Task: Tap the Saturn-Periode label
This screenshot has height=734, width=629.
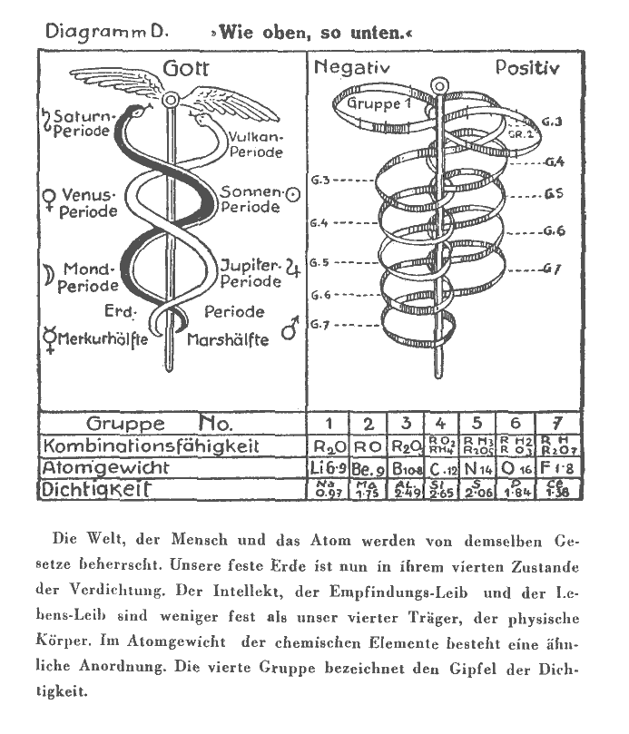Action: click(82, 124)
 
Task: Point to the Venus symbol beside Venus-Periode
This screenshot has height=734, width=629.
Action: click(46, 196)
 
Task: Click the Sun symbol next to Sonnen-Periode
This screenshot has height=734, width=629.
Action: click(292, 193)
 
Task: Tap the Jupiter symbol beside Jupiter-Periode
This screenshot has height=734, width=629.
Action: click(292, 268)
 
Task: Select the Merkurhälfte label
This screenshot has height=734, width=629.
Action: click(96, 340)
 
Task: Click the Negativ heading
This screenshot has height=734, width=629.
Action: click(351, 67)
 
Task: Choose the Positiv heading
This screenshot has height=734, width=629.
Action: click(527, 68)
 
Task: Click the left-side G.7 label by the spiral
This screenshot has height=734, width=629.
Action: click(321, 325)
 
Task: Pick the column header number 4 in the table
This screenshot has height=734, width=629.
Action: click(440, 424)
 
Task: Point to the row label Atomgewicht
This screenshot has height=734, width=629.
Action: click(105, 468)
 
